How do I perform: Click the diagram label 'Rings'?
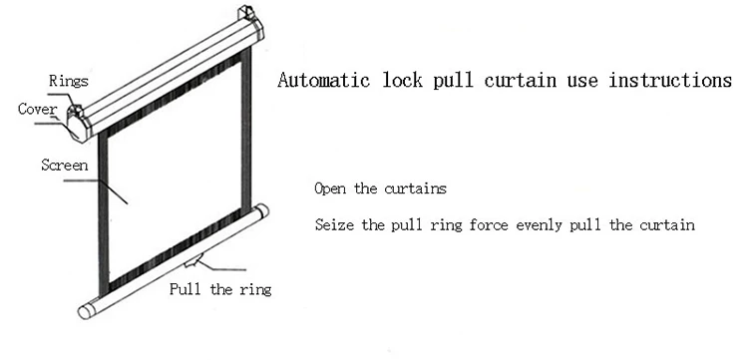[69, 81]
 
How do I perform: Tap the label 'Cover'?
[37, 109]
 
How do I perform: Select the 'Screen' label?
[65, 165]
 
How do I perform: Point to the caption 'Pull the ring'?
[220, 289]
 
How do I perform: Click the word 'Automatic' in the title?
[323, 80]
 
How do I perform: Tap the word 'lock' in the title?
[403, 80]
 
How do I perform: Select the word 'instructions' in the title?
[670, 80]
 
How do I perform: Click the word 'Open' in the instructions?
[330, 188]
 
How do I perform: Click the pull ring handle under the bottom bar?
[193, 261]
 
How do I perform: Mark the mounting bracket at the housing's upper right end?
[246, 12]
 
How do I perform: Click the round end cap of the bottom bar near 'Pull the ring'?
[262, 210]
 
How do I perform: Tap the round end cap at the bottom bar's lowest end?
[85, 312]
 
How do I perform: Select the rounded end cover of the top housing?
[77, 128]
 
